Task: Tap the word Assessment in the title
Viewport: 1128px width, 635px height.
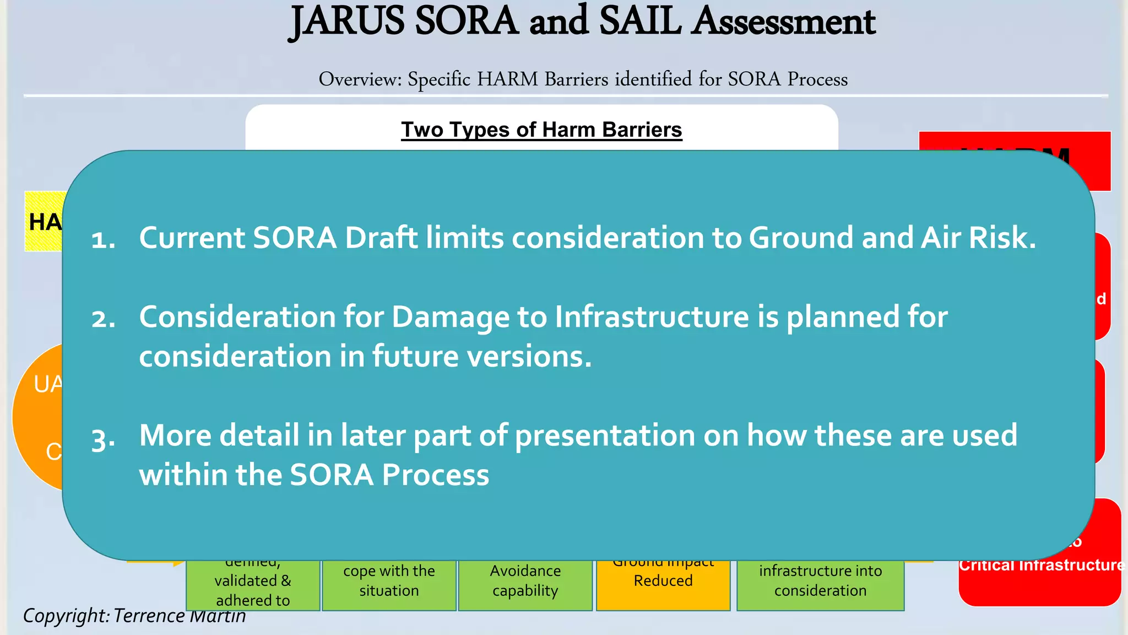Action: pyautogui.click(x=783, y=22)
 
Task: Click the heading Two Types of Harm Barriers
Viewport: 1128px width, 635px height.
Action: pyautogui.click(x=541, y=130)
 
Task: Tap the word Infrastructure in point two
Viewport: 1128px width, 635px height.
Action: pyautogui.click(x=652, y=317)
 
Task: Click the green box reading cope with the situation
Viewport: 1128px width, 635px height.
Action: pyautogui.click(x=389, y=584)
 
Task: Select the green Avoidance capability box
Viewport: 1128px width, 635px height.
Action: pyautogui.click(x=525, y=584)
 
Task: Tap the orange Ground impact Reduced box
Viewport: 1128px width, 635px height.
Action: pyautogui.click(x=663, y=584)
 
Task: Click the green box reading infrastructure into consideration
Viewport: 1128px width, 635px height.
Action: pyautogui.click(x=820, y=584)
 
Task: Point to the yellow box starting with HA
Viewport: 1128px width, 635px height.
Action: pyautogui.click(x=44, y=222)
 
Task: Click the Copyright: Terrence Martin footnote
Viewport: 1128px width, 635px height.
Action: pyautogui.click(x=134, y=616)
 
